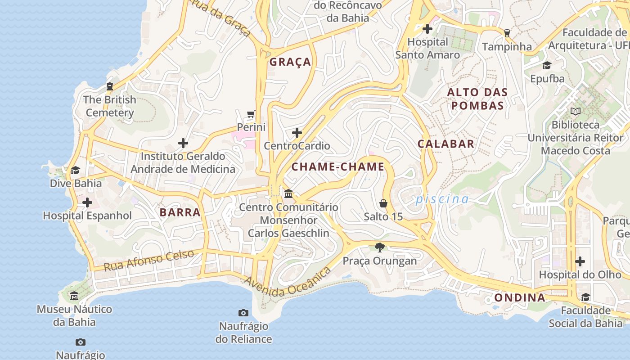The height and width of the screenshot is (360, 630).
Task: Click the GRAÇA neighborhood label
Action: coord(290,62)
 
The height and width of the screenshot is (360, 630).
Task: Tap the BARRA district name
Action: coord(180,212)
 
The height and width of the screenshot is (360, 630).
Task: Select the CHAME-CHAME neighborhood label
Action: coord(338,167)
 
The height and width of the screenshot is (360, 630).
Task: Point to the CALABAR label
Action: coord(446,144)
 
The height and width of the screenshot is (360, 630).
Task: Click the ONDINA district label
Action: coord(520,297)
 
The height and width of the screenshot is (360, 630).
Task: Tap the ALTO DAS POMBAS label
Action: coord(477,99)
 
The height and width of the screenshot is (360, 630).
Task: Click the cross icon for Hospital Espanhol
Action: coord(87,202)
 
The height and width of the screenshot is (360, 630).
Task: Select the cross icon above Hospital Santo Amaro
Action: coord(427,29)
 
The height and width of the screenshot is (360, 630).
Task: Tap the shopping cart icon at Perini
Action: coord(251,114)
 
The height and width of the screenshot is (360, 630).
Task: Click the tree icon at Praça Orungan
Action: coord(380,247)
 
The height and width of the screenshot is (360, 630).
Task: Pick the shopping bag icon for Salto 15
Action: coord(383,203)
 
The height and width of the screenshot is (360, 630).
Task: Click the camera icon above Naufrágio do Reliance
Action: coord(243,313)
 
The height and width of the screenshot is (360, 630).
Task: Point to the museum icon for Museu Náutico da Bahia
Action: coord(74,296)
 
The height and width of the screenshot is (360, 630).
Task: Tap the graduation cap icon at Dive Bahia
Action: coord(75,170)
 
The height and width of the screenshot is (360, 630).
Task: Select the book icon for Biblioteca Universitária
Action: coord(575,111)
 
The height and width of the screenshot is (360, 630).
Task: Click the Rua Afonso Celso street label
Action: coord(149,260)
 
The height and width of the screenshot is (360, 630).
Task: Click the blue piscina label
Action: coord(442,199)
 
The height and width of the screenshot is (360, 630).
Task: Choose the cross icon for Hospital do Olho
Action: coord(580,261)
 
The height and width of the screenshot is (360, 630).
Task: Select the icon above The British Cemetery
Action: coord(110,86)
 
